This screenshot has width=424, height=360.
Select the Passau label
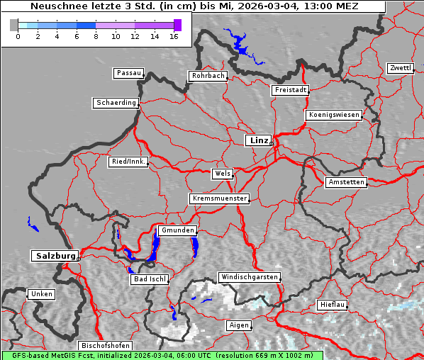(128, 73)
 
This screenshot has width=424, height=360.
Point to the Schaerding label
(116, 103)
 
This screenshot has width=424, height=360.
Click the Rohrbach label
(207, 76)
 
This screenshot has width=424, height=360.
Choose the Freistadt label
(290, 90)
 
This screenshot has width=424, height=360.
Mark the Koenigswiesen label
(334, 115)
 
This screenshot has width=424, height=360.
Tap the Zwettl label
(400, 68)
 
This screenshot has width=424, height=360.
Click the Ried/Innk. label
(128, 162)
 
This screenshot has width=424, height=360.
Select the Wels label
(222, 174)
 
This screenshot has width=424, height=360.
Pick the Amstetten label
(346, 182)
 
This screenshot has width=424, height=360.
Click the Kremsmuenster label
(219, 198)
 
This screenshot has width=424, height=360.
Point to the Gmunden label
(177, 230)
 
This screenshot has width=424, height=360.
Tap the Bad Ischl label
(149, 279)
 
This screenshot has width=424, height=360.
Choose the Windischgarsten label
(248, 277)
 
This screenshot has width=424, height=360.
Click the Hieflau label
(333, 304)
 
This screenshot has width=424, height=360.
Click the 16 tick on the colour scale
(174, 35)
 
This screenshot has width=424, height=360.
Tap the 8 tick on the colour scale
(96, 35)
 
